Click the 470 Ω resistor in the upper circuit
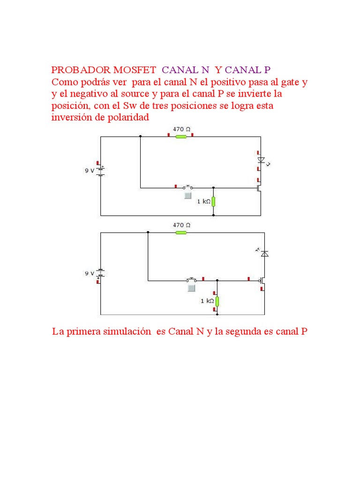(181, 137)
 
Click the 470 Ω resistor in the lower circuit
(181, 232)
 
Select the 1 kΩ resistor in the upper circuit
(213, 201)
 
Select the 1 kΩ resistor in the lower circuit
(217, 301)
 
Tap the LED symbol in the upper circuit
(261, 160)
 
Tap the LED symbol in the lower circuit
(265, 254)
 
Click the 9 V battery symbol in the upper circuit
(100, 171)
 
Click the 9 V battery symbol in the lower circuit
(100, 273)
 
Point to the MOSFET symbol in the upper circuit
(259, 188)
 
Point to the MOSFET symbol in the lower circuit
(263, 281)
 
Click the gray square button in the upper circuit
(187, 196)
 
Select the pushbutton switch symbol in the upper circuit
(188, 187)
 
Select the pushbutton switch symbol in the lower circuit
(191, 280)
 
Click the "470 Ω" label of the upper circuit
(181, 129)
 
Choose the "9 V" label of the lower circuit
(89, 273)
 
